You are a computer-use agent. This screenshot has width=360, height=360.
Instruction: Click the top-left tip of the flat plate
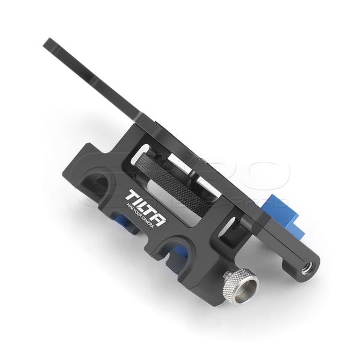pyautogui.click(x=47, y=42)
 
